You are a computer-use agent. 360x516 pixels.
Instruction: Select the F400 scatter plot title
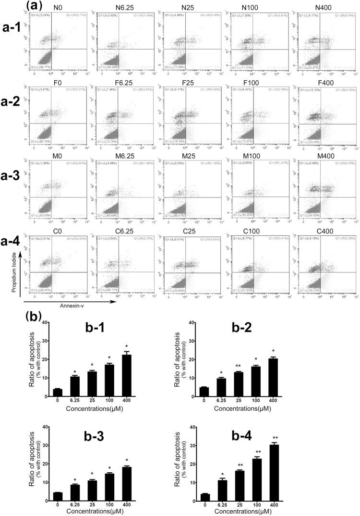pyautogui.click(x=323, y=75)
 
